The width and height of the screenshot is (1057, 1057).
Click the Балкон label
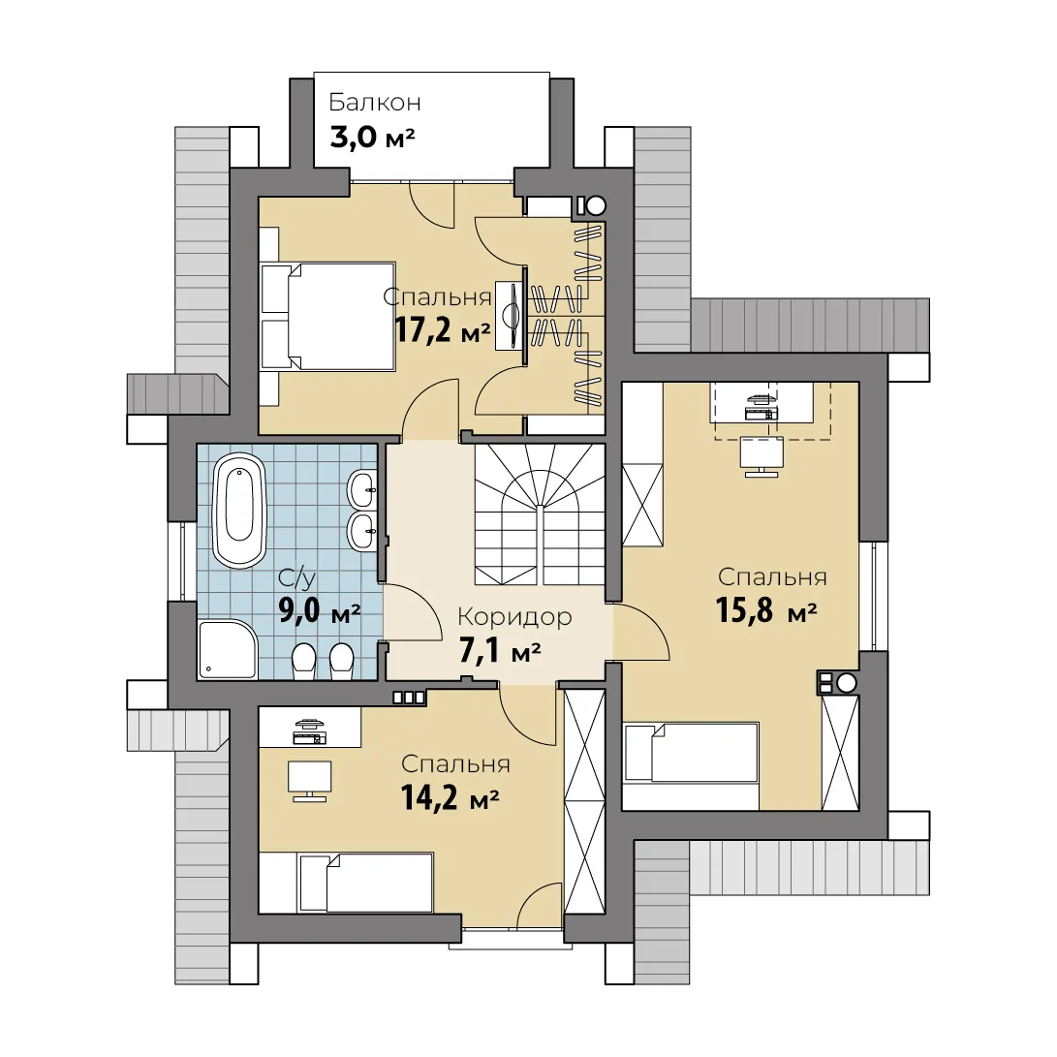click(374, 103)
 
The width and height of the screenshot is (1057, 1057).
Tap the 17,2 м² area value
click(442, 330)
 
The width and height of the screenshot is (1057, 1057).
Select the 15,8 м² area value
click(766, 610)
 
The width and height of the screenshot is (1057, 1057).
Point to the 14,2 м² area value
click(450, 797)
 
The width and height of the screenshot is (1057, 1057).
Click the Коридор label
click(514, 617)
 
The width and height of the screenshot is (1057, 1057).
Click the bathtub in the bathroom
click(238, 511)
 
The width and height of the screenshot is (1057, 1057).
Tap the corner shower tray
click(228, 649)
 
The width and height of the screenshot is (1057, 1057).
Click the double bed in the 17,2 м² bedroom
click(327, 317)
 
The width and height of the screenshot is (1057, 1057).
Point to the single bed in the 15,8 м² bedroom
click(691, 753)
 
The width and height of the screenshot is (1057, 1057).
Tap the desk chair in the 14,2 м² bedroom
click(309, 781)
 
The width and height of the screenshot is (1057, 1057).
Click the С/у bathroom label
click(296, 578)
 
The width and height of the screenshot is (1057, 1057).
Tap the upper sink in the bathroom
click(362, 488)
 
